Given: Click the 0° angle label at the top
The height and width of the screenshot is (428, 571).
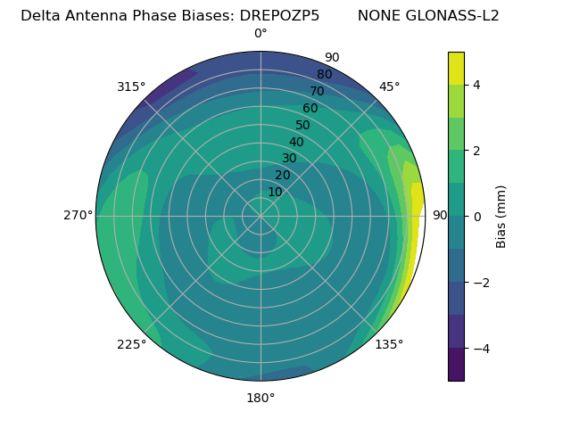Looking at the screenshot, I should pos(261,34).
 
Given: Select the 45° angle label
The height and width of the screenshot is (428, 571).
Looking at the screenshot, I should pos(389,87).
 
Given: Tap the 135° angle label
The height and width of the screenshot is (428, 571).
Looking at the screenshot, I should pos(389,344).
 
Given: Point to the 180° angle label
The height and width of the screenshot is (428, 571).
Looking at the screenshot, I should pos(261,398).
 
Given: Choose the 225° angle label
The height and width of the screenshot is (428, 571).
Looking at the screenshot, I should pos(131,344).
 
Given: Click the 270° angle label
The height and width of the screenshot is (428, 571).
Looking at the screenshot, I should pos(79,216).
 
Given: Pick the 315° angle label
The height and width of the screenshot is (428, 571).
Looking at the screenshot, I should pos(131,87).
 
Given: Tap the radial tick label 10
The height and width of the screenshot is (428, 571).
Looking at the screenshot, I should pos(275,192).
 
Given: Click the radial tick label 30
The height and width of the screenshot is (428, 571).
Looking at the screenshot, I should pos(289,159).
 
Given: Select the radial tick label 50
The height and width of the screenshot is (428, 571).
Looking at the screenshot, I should pos(302,126).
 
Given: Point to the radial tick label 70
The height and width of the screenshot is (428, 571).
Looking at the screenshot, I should pos(317,92).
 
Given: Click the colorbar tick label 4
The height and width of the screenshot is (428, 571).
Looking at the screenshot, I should pos(476,85).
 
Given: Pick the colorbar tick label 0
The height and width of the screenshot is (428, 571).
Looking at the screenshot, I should pos(476,217).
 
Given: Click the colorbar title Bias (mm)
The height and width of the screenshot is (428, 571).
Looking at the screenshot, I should pos(501,217).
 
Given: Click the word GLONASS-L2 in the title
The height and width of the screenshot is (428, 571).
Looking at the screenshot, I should pos(454,16).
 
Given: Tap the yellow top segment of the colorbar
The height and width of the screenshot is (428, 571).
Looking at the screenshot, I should pos(456,68).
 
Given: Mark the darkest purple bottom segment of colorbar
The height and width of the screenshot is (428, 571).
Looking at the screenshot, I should pos(456,365).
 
